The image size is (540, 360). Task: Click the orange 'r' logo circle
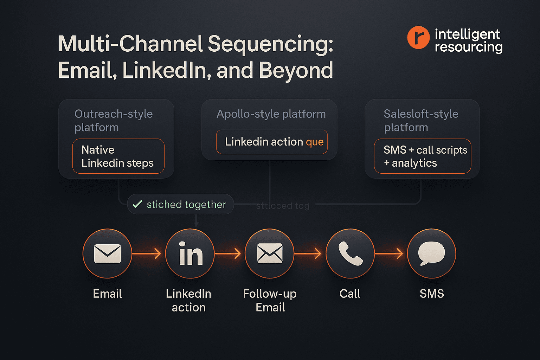418,37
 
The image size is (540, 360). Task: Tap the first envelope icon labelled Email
108,253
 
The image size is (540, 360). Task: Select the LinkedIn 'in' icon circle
190,253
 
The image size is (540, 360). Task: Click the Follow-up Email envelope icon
270,253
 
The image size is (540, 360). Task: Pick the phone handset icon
350,253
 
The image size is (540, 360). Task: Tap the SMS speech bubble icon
431,253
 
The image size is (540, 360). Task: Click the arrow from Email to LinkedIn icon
147,253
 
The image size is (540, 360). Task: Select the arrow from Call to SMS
389,253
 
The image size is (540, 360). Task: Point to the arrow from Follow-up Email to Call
308,253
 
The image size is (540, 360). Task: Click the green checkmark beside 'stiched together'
137,204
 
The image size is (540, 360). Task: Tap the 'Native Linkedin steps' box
118,156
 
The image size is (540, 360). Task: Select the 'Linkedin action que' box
272,142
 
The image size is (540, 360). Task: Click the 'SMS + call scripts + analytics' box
422,156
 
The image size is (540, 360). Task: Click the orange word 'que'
315,142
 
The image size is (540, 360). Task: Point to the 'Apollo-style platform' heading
271,114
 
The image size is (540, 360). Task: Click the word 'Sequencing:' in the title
270,44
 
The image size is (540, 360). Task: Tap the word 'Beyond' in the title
296,70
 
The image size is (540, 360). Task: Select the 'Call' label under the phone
350,294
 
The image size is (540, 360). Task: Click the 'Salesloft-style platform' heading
421,120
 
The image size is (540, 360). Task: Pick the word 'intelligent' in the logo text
467,34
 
